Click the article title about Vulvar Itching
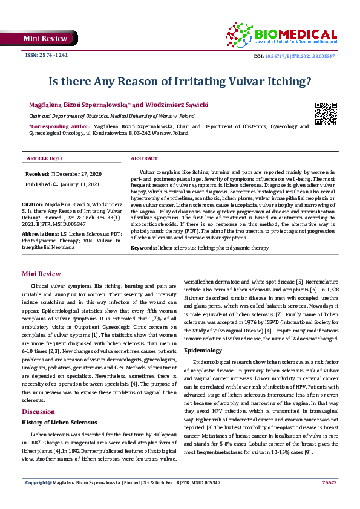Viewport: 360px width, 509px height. [x=180, y=80]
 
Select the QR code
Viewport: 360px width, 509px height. [x=326, y=113]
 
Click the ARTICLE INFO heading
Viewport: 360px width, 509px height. [x=44, y=158]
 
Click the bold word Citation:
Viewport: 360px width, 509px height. [x=33, y=206]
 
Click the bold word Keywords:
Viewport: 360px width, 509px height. [x=144, y=248]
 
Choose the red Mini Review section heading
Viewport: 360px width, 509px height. [x=41, y=274]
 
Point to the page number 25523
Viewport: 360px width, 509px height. [x=329, y=499]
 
